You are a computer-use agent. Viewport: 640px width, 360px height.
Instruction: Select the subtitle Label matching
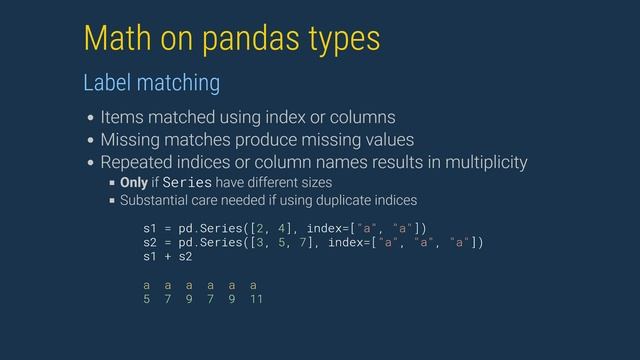151,79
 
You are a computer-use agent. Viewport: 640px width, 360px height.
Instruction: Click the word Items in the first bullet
122,116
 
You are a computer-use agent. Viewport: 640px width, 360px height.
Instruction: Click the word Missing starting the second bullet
131,139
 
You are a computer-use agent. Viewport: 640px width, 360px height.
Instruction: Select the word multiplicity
479,162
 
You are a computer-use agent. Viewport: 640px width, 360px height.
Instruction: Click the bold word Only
134,182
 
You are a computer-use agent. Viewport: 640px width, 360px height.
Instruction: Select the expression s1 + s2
167,257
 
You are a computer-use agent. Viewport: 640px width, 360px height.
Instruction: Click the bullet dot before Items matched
91,117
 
